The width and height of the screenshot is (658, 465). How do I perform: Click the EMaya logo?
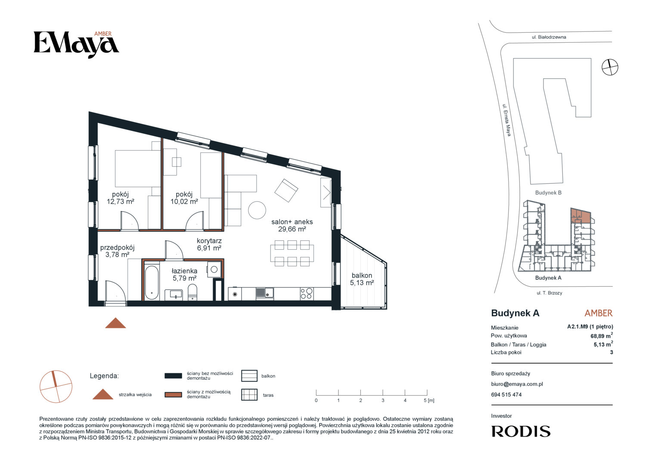(x=76, y=45)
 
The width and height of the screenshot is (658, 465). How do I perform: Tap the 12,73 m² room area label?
(x=121, y=201)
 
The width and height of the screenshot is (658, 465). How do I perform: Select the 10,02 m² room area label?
(x=184, y=201)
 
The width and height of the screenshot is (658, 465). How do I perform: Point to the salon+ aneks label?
(x=292, y=222)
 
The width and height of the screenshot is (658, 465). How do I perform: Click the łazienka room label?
(x=184, y=271)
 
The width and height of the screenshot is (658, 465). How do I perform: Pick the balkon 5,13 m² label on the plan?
(x=362, y=279)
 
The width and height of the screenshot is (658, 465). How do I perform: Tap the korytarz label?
(x=209, y=241)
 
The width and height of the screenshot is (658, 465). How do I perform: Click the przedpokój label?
(x=117, y=248)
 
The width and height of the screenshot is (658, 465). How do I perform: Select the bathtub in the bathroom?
(x=152, y=282)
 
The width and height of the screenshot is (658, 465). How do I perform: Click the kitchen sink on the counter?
(x=265, y=293)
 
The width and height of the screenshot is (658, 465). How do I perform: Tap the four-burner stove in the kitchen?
(x=306, y=294)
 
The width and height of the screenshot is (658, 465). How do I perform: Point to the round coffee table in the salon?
(x=257, y=210)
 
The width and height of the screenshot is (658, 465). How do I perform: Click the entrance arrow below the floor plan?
(x=116, y=323)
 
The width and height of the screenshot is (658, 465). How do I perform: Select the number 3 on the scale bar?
(x=383, y=400)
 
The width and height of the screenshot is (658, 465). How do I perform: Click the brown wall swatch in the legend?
(x=173, y=394)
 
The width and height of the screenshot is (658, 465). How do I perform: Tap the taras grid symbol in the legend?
(x=249, y=395)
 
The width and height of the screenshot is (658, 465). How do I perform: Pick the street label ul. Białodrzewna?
(x=549, y=37)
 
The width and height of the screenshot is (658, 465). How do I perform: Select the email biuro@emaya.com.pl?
(x=517, y=384)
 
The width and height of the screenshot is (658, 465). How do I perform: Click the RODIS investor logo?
(x=521, y=431)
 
